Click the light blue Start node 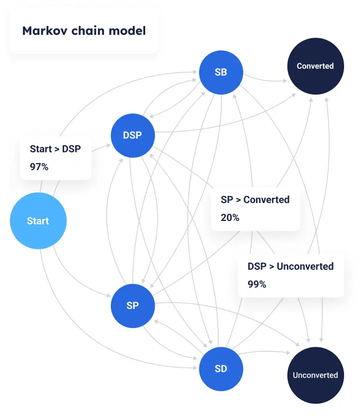(38, 221)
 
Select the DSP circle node (132, 135)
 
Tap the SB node (221, 72)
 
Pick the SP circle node (132, 306)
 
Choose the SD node (221, 369)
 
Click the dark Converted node (315, 66)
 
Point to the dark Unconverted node (315, 375)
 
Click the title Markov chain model (84, 31)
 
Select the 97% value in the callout (39, 167)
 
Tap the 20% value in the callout (230, 217)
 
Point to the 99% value (257, 284)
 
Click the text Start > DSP (55, 149)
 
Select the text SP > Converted (255, 200)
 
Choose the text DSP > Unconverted (290, 266)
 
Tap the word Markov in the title (42, 31)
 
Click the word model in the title (128, 31)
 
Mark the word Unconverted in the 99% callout (305, 266)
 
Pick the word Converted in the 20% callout (267, 200)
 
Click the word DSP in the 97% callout (71, 149)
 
